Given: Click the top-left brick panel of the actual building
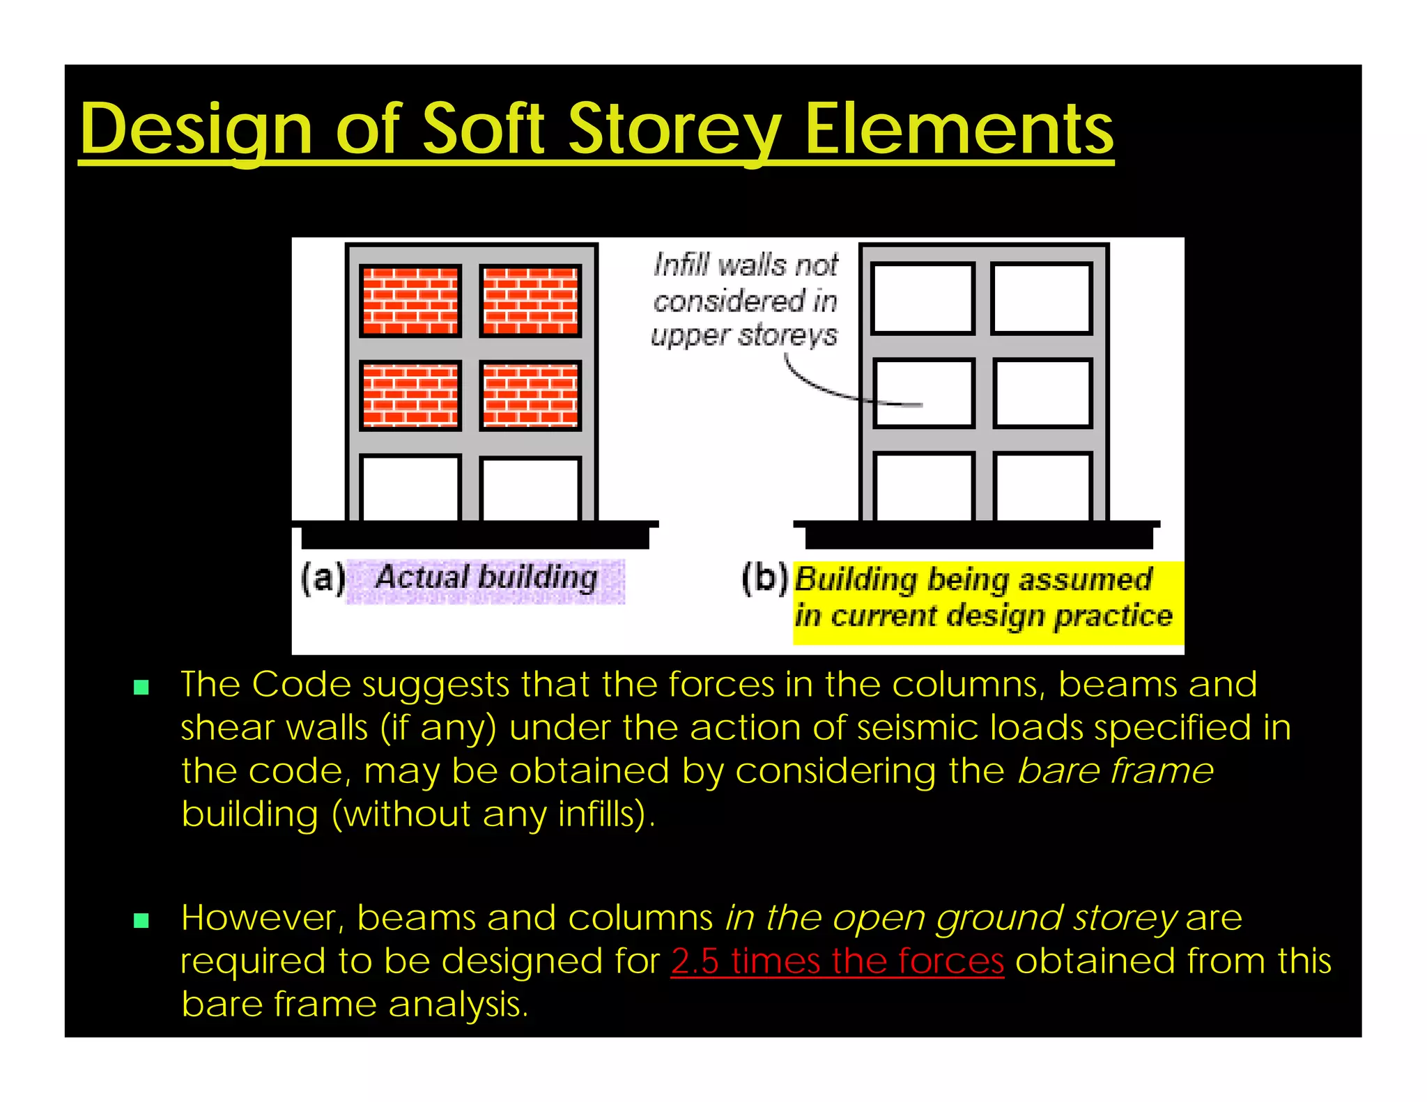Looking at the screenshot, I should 410,301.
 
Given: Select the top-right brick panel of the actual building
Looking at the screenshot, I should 530,301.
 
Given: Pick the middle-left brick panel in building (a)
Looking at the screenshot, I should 410,395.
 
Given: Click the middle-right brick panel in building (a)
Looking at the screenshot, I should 530,395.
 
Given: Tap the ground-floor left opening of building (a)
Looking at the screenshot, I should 410,488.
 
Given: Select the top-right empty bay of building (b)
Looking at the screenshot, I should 1042,299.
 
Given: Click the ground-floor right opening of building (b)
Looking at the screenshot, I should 1042,487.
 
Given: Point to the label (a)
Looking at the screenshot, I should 323,578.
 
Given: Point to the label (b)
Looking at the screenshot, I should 764,578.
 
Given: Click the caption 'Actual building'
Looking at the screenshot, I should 486,578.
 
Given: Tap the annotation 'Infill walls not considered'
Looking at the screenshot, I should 746,300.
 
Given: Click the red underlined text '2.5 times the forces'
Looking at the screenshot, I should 837,961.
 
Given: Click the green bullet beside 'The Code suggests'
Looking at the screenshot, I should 141,688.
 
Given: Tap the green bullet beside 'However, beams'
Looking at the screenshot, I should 141,921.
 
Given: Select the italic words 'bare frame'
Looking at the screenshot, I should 1115,771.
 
